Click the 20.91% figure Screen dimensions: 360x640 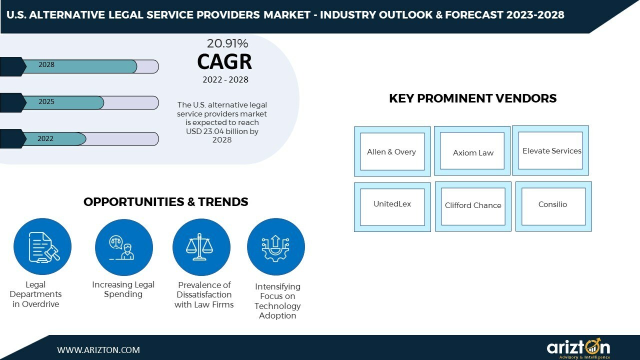pos(227,43)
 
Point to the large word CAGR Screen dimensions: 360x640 pos(224,61)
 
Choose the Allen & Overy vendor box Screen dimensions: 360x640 pos(392,151)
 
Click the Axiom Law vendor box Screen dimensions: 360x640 pos(472,151)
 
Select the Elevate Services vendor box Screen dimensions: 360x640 pos(550,150)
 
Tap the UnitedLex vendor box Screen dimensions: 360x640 pos(392,206)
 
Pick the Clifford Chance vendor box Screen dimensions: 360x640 pos(473,206)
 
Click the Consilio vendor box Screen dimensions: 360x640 pos(553,206)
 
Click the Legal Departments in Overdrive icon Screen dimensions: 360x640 pos(42,247)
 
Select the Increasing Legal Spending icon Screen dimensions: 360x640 pos(123,247)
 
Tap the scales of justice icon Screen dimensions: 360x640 pos(201,247)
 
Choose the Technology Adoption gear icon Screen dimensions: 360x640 pos(275,247)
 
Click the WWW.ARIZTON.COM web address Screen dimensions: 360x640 pos(98,350)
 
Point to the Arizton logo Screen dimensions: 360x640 pos(578,348)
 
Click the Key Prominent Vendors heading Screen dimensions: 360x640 pos(472,98)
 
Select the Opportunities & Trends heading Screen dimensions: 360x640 pos(165,202)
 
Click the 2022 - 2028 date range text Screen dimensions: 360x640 pos(225,80)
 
